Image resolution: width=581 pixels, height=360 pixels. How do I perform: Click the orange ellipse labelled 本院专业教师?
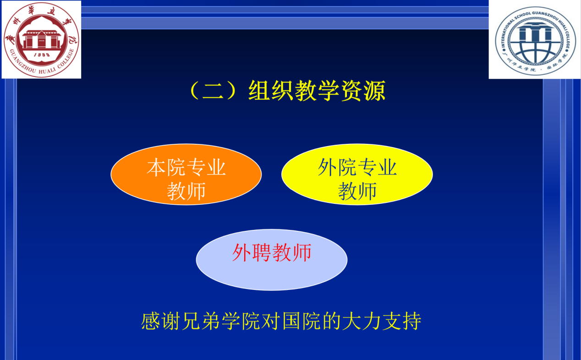[x=186, y=175]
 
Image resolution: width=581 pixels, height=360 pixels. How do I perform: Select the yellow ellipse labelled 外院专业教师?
[x=357, y=175]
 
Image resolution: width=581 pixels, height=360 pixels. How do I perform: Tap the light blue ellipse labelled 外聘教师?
[x=272, y=260]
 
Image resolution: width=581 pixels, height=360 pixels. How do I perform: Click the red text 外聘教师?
[x=272, y=252]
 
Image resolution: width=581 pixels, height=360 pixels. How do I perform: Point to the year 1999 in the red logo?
[x=42, y=55]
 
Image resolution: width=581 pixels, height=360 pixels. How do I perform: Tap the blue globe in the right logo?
[x=535, y=43]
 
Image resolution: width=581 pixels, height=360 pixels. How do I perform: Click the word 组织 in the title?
[x=271, y=90]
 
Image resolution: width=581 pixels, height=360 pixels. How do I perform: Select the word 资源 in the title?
[x=363, y=90]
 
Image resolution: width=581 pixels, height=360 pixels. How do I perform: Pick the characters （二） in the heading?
[x=213, y=90]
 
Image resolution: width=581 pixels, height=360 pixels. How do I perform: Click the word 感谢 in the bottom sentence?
[x=160, y=321]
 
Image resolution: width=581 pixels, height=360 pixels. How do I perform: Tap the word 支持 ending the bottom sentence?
[x=401, y=321]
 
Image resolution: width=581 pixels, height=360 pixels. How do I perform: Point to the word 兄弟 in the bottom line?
[x=201, y=321]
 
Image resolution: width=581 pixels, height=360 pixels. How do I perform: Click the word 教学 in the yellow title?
[x=317, y=90]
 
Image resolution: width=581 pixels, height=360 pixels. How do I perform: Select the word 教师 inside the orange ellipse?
[x=186, y=191]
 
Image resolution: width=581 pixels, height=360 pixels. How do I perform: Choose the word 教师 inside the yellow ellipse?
[x=357, y=191]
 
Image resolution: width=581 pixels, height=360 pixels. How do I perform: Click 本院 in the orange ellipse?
[x=166, y=168]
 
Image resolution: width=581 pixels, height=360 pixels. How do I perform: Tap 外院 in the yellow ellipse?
[x=337, y=168]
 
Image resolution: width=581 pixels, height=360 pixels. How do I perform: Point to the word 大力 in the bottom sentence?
[x=362, y=321]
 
